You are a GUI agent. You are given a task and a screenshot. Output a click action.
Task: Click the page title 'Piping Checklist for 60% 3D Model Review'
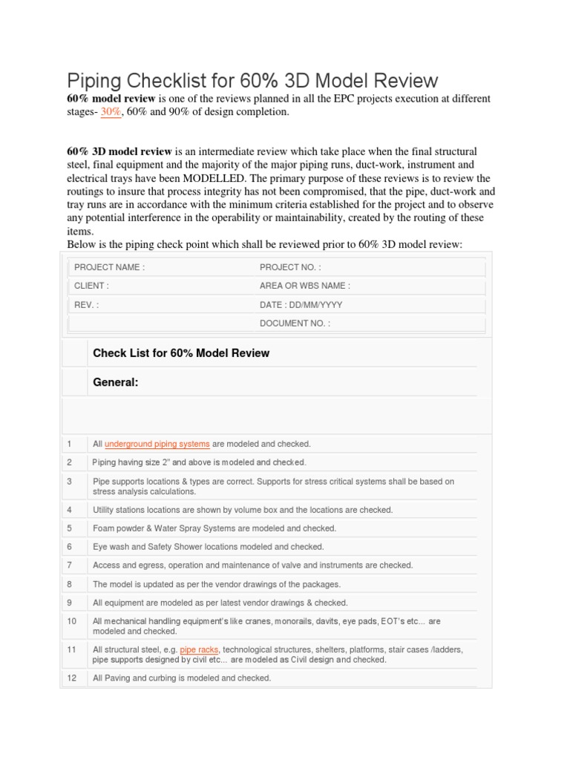(x=252, y=80)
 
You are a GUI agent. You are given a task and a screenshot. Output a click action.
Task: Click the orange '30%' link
(x=111, y=111)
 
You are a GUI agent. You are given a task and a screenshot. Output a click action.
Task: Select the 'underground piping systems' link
(x=157, y=444)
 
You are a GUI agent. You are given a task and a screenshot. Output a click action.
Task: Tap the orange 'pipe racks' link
(x=199, y=649)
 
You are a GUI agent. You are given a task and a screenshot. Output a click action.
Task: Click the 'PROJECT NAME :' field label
(x=109, y=267)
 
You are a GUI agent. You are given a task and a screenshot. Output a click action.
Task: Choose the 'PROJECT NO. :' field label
(x=290, y=267)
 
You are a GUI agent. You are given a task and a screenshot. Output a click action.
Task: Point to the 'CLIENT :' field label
(x=91, y=286)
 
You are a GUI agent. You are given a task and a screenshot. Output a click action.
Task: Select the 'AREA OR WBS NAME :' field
(x=304, y=286)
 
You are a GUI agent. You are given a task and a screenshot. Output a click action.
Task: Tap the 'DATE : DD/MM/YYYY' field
(x=301, y=304)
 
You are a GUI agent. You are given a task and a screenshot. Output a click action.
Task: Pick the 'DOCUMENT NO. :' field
(x=295, y=324)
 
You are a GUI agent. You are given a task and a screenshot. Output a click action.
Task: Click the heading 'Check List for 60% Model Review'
(x=181, y=353)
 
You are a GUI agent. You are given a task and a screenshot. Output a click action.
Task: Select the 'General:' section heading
(x=116, y=382)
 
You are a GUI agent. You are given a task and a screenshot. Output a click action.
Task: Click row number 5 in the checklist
(x=70, y=528)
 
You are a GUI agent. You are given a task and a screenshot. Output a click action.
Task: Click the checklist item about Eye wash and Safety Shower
(x=208, y=546)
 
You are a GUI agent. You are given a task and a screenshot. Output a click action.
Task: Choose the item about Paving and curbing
(x=182, y=678)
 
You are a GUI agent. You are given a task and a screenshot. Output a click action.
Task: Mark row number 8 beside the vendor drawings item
(x=70, y=583)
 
